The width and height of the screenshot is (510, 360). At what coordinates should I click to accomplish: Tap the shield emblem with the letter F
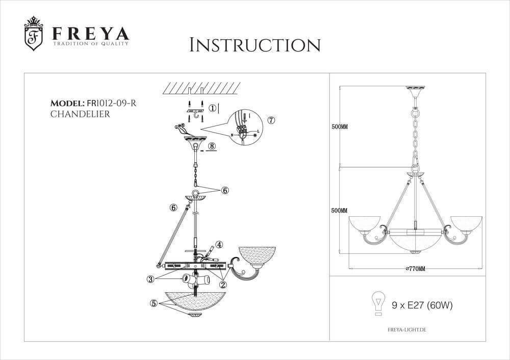pyautogui.click(x=34, y=36)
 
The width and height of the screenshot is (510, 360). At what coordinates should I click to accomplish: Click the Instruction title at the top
pyautogui.click(x=254, y=45)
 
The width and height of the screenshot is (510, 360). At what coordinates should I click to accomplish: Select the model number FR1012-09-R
pyautogui.click(x=111, y=104)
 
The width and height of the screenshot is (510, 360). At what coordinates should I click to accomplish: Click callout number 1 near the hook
pyautogui.click(x=213, y=108)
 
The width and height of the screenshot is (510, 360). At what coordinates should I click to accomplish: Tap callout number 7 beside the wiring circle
pyautogui.click(x=271, y=121)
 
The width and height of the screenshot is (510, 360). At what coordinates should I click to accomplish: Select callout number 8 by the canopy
pyautogui.click(x=212, y=146)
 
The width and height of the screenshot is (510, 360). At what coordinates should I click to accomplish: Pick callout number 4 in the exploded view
pyautogui.click(x=219, y=244)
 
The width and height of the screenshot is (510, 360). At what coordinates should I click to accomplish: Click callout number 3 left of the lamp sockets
pyautogui.click(x=151, y=278)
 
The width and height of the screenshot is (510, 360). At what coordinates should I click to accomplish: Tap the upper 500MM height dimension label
pyautogui.click(x=339, y=127)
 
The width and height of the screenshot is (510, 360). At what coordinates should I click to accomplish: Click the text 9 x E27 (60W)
pyautogui.click(x=422, y=305)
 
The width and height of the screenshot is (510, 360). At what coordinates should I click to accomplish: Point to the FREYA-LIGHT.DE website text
pyautogui.click(x=404, y=330)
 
